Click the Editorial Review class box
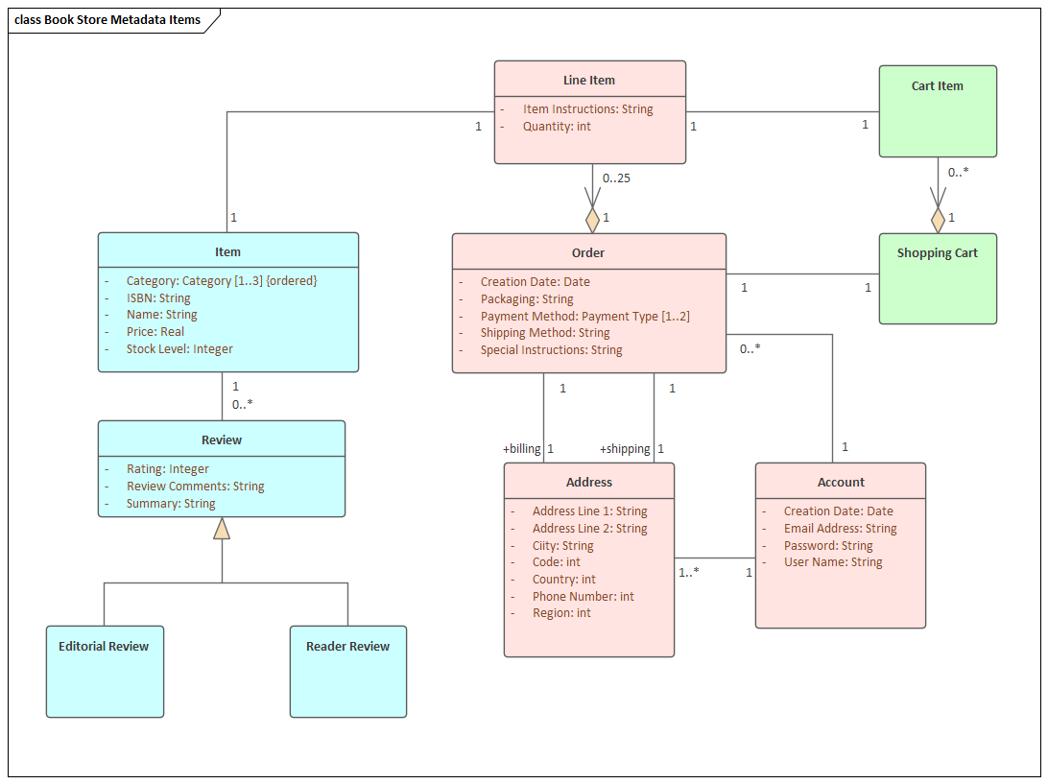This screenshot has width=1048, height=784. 105,671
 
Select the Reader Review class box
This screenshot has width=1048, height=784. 347,671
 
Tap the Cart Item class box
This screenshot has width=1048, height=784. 938,110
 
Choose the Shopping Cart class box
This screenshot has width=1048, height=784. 938,278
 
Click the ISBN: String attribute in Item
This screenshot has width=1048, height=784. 158,298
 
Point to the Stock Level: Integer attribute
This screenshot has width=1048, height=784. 179,349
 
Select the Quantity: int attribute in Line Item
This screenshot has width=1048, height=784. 557,127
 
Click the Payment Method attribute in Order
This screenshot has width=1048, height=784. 584,316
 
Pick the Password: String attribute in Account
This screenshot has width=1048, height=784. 827,545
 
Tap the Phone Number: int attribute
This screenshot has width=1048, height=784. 583,596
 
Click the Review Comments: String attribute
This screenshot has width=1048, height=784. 195,487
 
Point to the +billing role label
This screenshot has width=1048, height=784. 522,448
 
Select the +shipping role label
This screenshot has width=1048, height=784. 625,448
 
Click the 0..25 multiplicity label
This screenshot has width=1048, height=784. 616,178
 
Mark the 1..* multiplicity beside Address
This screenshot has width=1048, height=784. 689,572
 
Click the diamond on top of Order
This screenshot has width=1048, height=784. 593,220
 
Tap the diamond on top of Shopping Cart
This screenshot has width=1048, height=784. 938,220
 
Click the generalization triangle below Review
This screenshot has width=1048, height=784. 222,528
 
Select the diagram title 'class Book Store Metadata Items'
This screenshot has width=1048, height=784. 107,20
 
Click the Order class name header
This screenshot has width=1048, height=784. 588,252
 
